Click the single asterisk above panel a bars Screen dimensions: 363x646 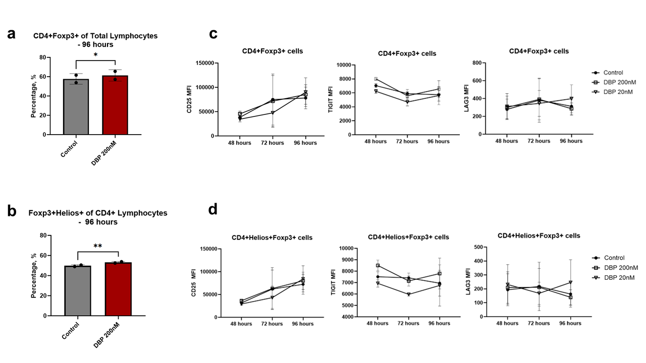[95, 55]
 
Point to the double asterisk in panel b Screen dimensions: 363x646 [97, 247]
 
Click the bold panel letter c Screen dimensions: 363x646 [213, 34]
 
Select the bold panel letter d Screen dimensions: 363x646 [213, 209]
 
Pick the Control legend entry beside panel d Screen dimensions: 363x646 [614, 258]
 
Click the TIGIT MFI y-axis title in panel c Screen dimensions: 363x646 [331, 100]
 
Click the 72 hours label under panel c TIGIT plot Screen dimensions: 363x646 [407, 142]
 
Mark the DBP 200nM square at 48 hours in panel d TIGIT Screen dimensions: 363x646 [378, 265]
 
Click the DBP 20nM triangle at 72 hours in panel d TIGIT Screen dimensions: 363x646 [408, 294]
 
